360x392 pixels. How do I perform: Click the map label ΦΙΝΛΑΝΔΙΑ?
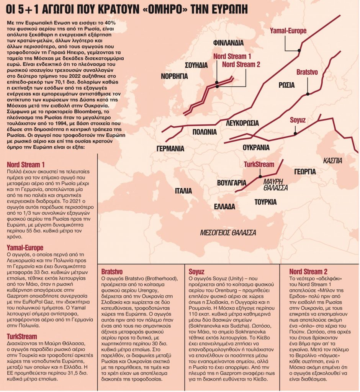tap(226, 42)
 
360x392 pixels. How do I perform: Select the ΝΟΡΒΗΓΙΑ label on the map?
tap(174, 76)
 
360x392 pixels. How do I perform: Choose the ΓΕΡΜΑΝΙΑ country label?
tap(170, 149)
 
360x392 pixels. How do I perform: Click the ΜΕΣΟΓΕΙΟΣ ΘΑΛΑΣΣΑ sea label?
tap(228, 232)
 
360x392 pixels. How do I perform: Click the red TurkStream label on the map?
tap(259, 165)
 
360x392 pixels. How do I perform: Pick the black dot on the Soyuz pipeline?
tap(295, 133)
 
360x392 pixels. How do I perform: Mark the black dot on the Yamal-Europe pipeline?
tap(299, 50)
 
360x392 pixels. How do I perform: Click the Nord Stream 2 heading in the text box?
tap(308, 271)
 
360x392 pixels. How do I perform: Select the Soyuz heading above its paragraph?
tap(195, 271)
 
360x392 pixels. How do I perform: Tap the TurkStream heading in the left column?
tap(22, 336)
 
